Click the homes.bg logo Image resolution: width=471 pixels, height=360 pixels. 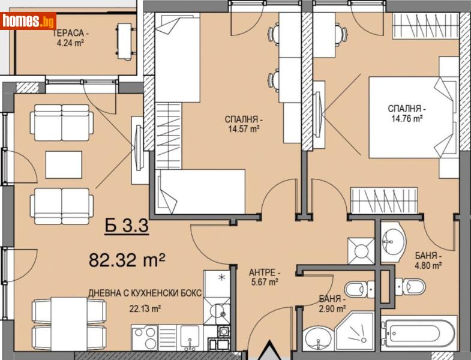(28, 21)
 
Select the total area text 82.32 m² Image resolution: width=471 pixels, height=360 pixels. (127, 260)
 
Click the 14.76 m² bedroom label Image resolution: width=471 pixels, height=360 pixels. (406, 113)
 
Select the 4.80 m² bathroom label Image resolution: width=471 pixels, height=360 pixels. (428, 261)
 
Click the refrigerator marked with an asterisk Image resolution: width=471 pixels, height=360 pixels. (217, 281)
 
